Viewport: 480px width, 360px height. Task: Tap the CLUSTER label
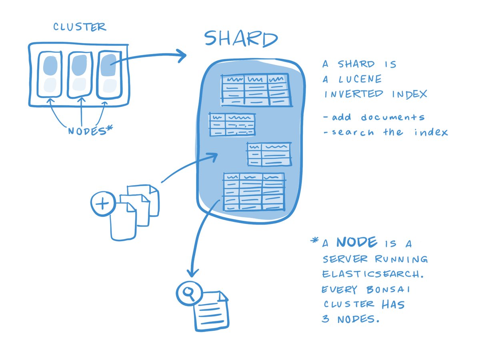(x=80, y=27)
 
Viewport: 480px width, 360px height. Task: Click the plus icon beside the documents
(x=103, y=204)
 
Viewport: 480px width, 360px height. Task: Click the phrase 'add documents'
(x=374, y=118)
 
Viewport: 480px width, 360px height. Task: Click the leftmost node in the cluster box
(x=50, y=74)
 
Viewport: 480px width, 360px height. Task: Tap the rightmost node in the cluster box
(x=109, y=74)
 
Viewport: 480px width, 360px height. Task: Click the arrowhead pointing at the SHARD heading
(x=182, y=56)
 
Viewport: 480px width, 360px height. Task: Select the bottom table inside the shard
(x=254, y=192)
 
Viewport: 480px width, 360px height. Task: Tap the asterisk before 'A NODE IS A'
(x=315, y=241)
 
